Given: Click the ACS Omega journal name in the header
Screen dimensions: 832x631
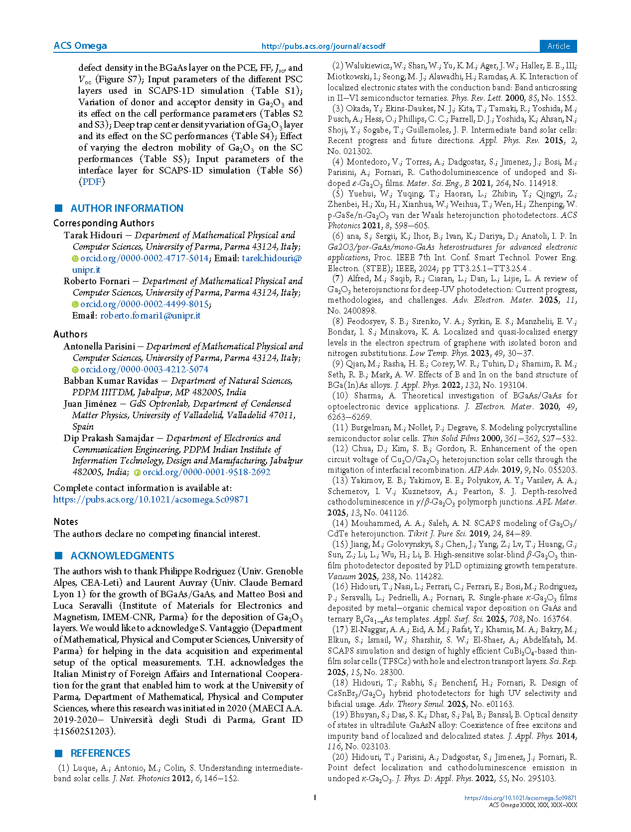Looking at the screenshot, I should pyautogui.click(x=80, y=46).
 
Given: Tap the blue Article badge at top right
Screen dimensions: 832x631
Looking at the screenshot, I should pyautogui.click(x=558, y=46).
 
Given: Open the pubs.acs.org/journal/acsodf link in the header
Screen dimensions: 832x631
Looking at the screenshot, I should pyautogui.click(x=323, y=46).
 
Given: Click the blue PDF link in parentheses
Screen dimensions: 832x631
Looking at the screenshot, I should pyautogui.click(x=92, y=182).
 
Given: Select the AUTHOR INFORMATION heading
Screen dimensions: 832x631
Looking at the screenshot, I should pyautogui.click(x=127, y=208).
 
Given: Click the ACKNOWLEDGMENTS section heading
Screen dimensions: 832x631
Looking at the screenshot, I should pyautogui.click(x=122, y=556).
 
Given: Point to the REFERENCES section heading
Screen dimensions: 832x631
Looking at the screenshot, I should pyautogui.click(x=100, y=753).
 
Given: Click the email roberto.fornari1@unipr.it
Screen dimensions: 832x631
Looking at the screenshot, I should pyautogui.click(x=150, y=316).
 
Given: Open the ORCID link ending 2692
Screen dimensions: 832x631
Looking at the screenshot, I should pyautogui.click(x=206, y=472).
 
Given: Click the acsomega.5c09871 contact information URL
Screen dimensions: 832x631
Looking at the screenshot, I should pyautogui.click(x=151, y=499).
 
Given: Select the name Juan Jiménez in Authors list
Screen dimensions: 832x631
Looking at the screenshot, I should pyautogui.click(x=90, y=404).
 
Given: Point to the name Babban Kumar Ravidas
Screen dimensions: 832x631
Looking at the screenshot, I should pyautogui.click(x=110, y=381).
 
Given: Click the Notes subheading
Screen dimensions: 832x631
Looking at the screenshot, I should pyautogui.click(x=66, y=521).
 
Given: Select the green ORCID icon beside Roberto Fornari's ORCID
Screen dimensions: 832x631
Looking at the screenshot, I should pyautogui.click(x=75, y=304).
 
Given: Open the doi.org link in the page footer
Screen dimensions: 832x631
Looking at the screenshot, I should pyautogui.click(x=520, y=798).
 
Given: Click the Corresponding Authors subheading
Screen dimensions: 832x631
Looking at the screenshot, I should pyautogui.click(x=104, y=223).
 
